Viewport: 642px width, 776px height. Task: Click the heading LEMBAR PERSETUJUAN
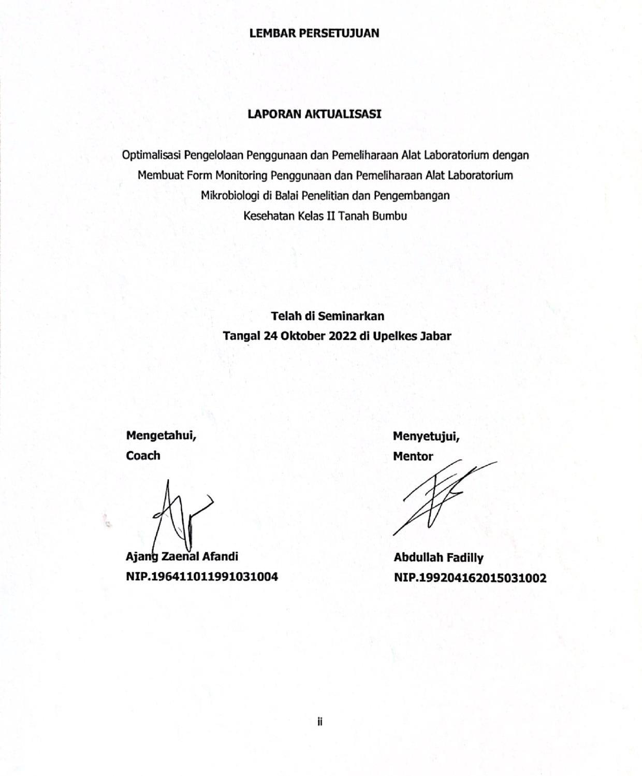(x=314, y=33)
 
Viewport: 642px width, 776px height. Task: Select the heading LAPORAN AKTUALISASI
(x=314, y=114)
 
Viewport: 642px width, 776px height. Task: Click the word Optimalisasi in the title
(x=152, y=155)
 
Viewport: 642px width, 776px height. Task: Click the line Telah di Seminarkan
(x=327, y=315)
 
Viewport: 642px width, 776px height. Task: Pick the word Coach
(x=143, y=455)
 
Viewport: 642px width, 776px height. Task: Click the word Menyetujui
(x=426, y=436)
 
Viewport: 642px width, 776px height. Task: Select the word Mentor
(x=413, y=456)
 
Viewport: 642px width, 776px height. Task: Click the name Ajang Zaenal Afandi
(x=182, y=556)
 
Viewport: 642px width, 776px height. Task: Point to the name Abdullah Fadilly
(x=438, y=557)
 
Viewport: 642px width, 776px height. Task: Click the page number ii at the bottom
(x=320, y=721)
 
